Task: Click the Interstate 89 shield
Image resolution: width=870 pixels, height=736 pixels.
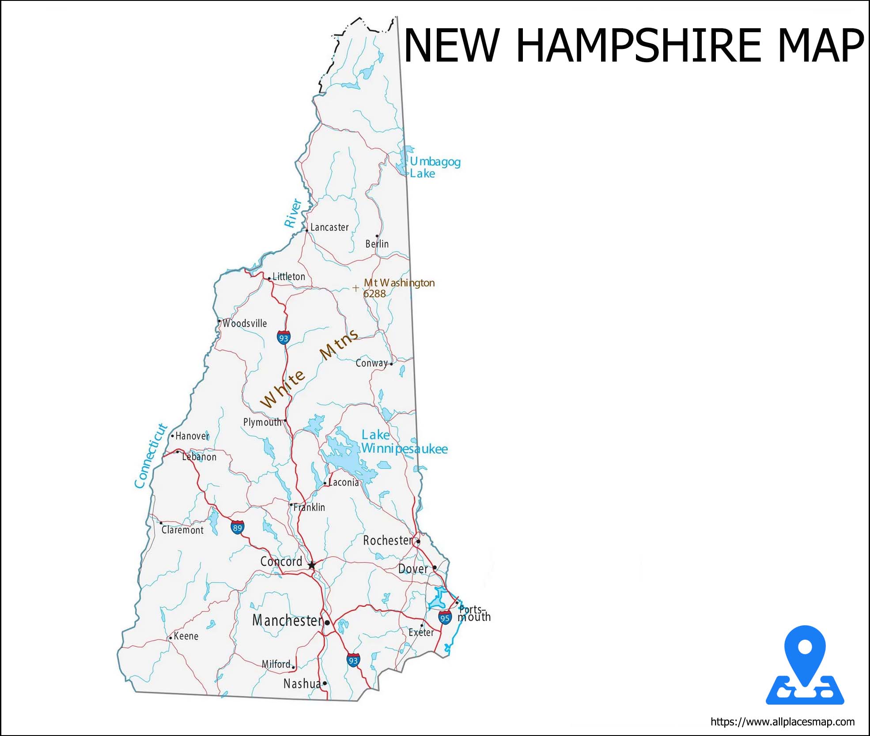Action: pyautogui.click(x=238, y=527)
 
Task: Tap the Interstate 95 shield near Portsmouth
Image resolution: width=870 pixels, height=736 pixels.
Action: pyautogui.click(x=445, y=618)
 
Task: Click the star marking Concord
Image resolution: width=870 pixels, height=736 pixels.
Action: pyautogui.click(x=312, y=565)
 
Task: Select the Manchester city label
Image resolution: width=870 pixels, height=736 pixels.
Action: pyautogui.click(x=287, y=621)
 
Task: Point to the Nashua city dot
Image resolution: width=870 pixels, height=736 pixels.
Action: pyautogui.click(x=325, y=683)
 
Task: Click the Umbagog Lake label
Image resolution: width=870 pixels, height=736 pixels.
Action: pyautogui.click(x=435, y=168)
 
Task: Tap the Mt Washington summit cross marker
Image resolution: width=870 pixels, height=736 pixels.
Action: pyautogui.click(x=356, y=288)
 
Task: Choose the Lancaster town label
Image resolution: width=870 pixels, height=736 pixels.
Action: pyautogui.click(x=329, y=227)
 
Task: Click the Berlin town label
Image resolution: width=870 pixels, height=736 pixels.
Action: pyautogui.click(x=377, y=244)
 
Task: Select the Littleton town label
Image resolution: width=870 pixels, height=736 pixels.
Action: pyautogui.click(x=289, y=277)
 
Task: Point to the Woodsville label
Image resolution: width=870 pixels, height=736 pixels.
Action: pyautogui.click(x=245, y=323)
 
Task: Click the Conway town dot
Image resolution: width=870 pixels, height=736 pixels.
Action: pyautogui.click(x=391, y=364)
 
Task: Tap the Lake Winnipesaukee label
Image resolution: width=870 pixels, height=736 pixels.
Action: pyautogui.click(x=404, y=442)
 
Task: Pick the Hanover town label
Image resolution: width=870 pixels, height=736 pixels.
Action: pyautogui.click(x=193, y=436)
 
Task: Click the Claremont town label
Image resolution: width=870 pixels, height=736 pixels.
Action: pyautogui.click(x=182, y=530)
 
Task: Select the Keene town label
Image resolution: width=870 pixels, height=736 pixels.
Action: pyautogui.click(x=186, y=636)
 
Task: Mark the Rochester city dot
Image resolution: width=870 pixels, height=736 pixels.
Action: pyautogui.click(x=418, y=541)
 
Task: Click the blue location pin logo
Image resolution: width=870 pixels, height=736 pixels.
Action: pyautogui.click(x=805, y=666)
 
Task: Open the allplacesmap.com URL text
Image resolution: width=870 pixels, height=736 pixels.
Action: pyautogui.click(x=783, y=722)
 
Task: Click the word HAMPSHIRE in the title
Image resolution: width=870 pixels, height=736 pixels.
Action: pyautogui.click(x=638, y=45)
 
